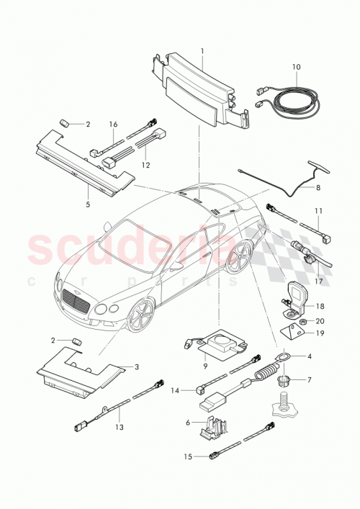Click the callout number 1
[202, 51]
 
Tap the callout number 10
[296, 66]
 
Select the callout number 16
[113, 125]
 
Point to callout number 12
[145, 165]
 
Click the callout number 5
[88, 204]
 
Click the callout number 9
[206, 366]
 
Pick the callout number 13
[120, 427]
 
